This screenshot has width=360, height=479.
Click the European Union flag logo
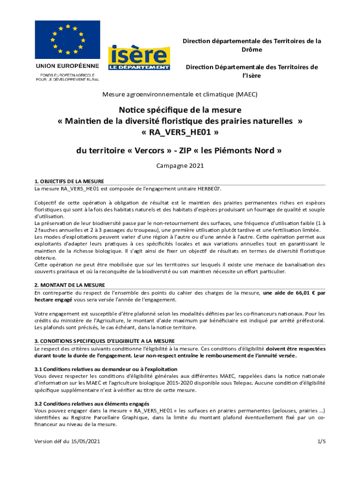coord(68,39)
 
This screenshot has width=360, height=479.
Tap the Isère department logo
coord(139,58)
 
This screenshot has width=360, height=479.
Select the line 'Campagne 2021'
coord(180,166)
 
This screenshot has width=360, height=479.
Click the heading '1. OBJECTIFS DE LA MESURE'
coord(69,181)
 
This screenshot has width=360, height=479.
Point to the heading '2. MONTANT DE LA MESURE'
coord(70,285)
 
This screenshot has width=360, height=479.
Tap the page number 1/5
coord(321,441)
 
